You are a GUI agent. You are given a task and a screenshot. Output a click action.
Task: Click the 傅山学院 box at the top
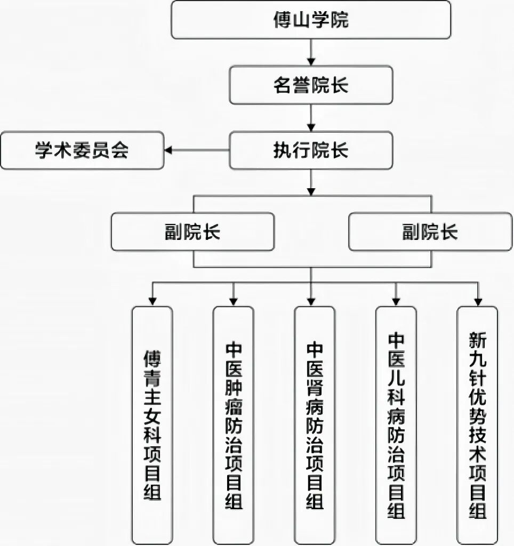pyautogui.click(x=310, y=20)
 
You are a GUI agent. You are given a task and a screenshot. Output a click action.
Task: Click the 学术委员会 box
pyautogui.click(x=82, y=151)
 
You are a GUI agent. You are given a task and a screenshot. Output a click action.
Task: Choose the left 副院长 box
pyautogui.click(x=192, y=231)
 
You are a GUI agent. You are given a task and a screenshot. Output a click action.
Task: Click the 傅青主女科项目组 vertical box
pyautogui.click(x=152, y=425)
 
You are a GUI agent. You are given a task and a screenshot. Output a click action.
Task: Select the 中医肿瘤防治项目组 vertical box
pyautogui.click(x=234, y=425)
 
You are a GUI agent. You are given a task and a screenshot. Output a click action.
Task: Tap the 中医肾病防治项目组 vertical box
pyautogui.click(x=315, y=425)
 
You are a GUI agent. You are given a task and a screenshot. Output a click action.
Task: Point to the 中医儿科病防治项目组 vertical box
pyautogui.click(x=396, y=425)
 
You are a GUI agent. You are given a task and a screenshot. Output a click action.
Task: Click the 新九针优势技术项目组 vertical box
pyautogui.click(x=477, y=425)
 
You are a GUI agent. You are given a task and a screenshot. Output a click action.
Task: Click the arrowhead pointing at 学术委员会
pyautogui.click(x=168, y=151)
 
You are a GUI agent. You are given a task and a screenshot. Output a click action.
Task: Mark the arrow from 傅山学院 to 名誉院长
pyautogui.click(x=311, y=52)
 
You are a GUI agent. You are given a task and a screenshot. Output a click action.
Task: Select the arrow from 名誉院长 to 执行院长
pyautogui.click(x=311, y=117)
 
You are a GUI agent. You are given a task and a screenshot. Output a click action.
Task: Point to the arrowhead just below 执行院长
pyautogui.click(x=311, y=189)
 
